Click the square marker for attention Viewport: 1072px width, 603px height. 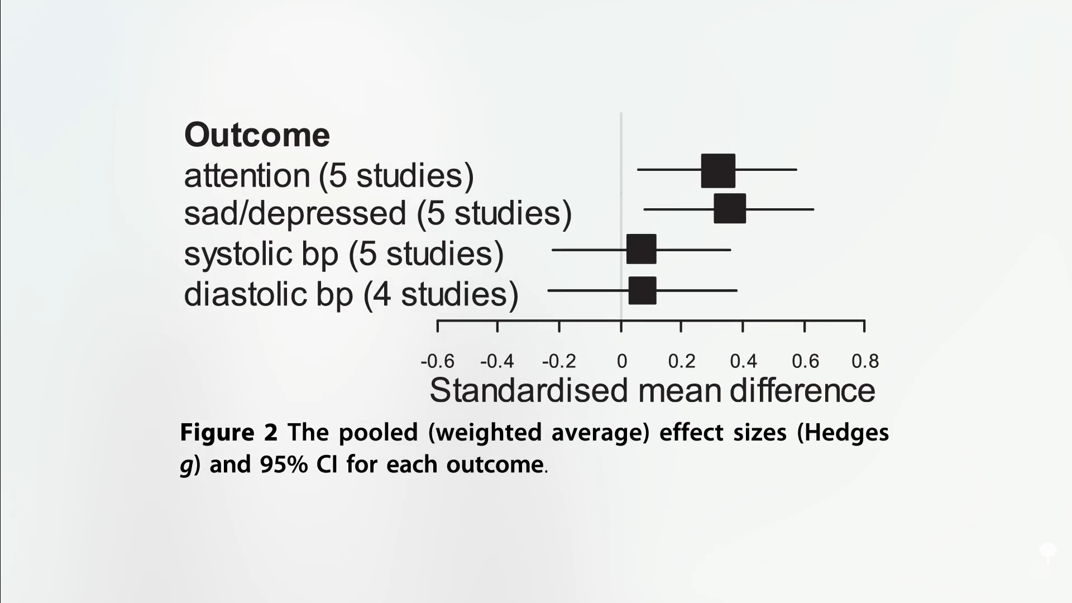pyautogui.click(x=718, y=171)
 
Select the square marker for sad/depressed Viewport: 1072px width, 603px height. pyautogui.click(x=730, y=209)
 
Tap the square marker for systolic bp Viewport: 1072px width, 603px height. pyautogui.click(x=642, y=249)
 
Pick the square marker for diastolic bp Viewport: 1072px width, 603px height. pyautogui.click(x=643, y=290)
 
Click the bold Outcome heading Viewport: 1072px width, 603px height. pyautogui.click(x=257, y=135)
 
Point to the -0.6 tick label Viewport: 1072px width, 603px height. pyautogui.click(x=438, y=362)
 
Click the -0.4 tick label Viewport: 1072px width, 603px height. pyautogui.click(x=497, y=362)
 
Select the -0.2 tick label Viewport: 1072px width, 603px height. pyautogui.click(x=559, y=362)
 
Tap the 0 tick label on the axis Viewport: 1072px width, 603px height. pyautogui.click(x=622, y=362)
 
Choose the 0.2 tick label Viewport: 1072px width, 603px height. pyautogui.click(x=682, y=362)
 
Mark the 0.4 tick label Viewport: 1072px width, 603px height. pyautogui.click(x=744, y=362)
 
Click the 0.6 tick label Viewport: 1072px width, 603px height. pyautogui.click(x=806, y=362)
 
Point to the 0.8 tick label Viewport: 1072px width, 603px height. pyautogui.click(x=865, y=362)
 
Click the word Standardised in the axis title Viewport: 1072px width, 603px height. pyautogui.click(x=529, y=390)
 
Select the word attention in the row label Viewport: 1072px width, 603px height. pyautogui.click(x=247, y=175)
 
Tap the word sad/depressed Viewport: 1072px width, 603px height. pyautogui.click(x=295, y=214)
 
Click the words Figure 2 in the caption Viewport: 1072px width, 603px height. pyautogui.click(x=229, y=433)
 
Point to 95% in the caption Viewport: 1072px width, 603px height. pyautogui.click(x=284, y=465)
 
